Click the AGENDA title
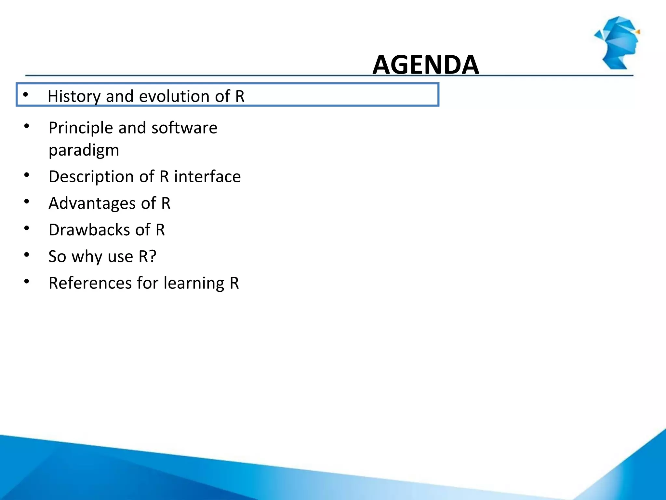pyautogui.click(x=425, y=65)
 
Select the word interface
pyautogui.click(x=207, y=177)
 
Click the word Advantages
pyautogui.click(x=92, y=203)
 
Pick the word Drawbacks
pyautogui.click(x=89, y=230)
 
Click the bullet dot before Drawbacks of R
pyautogui.click(x=27, y=228)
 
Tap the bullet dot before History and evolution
pyautogui.click(x=26, y=95)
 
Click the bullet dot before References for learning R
pyautogui.click(x=27, y=281)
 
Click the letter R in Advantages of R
pyautogui.click(x=166, y=203)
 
